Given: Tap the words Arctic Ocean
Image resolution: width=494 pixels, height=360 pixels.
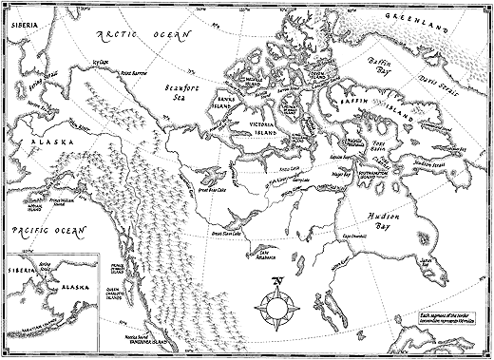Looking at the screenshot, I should [142, 36].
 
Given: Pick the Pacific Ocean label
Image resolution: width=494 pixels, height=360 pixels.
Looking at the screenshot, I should [40, 231].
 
